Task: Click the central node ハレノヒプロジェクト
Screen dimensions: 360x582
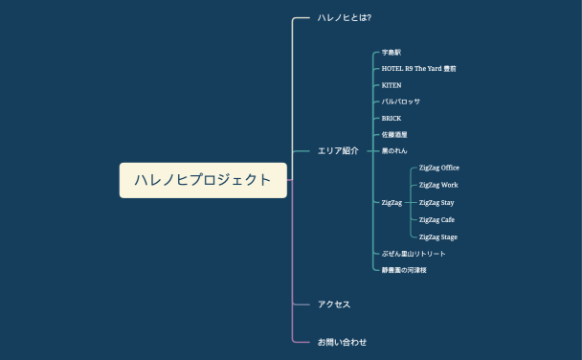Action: pyautogui.click(x=203, y=180)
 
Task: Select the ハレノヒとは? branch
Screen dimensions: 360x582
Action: pyautogui.click(x=344, y=18)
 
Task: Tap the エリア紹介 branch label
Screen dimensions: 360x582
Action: pyautogui.click(x=338, y=151)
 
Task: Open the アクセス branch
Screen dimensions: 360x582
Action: pyautogui.click(x=334, y=304)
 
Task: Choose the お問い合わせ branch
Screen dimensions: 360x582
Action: pyautogui.click(x=342, y=342)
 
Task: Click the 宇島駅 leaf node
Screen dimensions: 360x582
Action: pyautogui.click(x=392, y=53)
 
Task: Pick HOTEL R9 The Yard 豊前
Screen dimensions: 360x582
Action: pyautogui.click(x=418, y=69)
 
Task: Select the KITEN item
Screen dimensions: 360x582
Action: pyautogui.click(x=392, y=85)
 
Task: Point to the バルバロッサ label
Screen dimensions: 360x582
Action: pyautogui.click(x=401, y=101)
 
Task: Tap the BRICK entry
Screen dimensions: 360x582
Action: pyautogui.click(x=392, y=119)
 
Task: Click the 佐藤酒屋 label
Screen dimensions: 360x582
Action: pyautogui.click(x=394, y=135)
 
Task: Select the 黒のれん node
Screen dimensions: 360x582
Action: pyautogui.click(x=394, y=151)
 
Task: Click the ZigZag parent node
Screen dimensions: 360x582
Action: pyautogui.click(x=392, y=203)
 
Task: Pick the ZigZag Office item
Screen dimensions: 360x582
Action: pyautogui.click(x=439, y=168)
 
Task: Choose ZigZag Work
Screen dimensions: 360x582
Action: pyautogui.click(x=438, y=185)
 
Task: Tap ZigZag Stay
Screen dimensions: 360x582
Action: pyautogui.click(x=436, y=203)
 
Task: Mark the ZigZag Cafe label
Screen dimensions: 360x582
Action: pyautogui.click(x=436, y=220)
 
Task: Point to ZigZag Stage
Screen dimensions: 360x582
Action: pyautogui.click(x=438, y=237)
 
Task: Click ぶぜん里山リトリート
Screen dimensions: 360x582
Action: pyautogui.click(x=414, y=254)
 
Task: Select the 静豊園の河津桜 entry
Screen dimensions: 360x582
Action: pyautogui.click(x=404, y=271)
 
